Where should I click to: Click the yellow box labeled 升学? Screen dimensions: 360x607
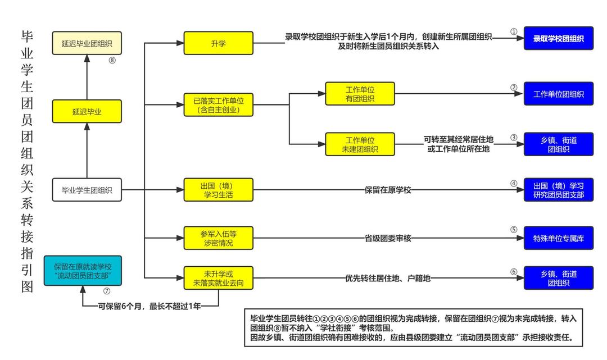pos(219,43)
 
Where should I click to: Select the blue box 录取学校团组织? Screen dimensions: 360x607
pos(558,39)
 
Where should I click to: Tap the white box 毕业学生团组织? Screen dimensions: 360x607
pos(87,190)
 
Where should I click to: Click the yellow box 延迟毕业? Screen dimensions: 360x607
pos(87,111)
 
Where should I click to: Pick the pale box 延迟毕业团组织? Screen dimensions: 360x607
pos(87,43)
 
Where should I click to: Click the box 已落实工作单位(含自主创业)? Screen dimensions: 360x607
pos(219,105)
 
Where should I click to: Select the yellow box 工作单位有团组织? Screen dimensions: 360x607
pos(360,94)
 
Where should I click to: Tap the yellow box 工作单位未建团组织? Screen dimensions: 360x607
pos(360,144)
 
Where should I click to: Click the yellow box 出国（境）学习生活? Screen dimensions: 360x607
pos(219,190)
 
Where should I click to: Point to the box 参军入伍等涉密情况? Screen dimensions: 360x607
pos(219,238)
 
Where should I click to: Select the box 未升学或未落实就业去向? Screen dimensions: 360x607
pos(219,278)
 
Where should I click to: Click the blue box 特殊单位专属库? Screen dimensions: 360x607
pos(558,238)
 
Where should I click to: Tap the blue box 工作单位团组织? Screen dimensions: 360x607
pos(558,94)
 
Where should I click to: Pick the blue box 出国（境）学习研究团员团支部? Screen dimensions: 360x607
pos(558,190)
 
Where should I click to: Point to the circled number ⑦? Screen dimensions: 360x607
pos(107,291)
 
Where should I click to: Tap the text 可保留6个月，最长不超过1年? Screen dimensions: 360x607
pos(150,306)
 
